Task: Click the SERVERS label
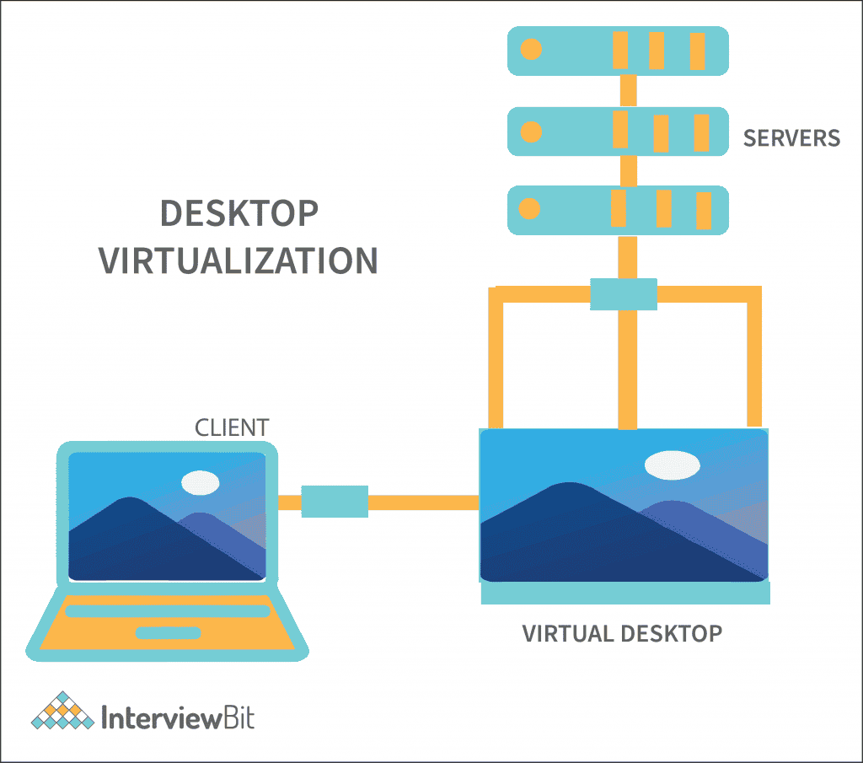click(791, 137)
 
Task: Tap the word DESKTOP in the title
click(239, 214)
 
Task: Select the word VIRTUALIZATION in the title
click(239, 261)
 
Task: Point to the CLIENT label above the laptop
click(232, 427)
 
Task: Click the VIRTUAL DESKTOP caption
click(622, 633)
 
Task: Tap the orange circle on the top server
click(531, 49)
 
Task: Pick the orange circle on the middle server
click(531, 132)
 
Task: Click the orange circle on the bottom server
click(531, 209)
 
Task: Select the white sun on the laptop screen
click(201, 482)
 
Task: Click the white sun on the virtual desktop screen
click(673, 465)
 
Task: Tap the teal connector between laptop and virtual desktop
click(335, 502)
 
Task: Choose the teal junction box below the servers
click(623, 294)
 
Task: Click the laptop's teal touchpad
click(169, 632)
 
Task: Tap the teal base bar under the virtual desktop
click(624, 594)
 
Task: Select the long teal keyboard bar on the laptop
click(168, 611)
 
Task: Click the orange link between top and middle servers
click(626, 89)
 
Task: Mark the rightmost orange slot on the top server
click(697, 51)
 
